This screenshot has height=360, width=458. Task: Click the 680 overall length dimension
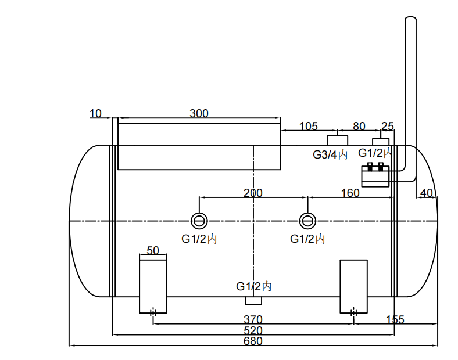(x=253, y=341)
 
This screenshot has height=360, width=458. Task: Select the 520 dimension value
(x=253, y=330)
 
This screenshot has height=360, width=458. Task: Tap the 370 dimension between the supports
(x=253, y=319)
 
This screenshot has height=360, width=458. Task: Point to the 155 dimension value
(x=395, y=319)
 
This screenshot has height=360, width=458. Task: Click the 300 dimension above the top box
(x=199, y=113)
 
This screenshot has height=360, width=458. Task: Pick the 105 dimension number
(x=309, y=126)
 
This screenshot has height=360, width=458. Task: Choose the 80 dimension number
(x=359, y=126)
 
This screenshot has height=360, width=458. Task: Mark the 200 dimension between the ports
(x=253, y=193)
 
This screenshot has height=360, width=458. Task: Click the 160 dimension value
(x=350, y=193)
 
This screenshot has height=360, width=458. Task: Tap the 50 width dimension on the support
(x=153, y=250)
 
